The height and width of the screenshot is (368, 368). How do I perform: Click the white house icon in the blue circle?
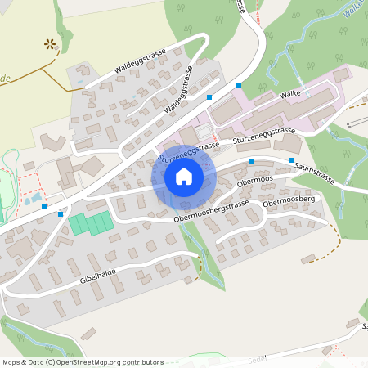184,177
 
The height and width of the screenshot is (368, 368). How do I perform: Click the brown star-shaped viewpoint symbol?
52,44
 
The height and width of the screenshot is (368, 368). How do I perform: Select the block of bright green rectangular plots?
90,223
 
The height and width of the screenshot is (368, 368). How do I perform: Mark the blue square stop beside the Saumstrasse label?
291,159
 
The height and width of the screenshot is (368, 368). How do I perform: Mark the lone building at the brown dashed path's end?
308,258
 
